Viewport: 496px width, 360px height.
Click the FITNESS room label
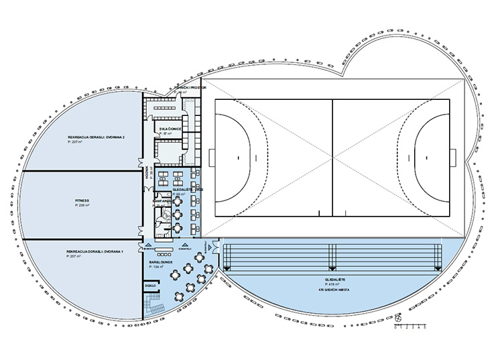83,200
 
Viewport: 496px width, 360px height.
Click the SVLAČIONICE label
170,128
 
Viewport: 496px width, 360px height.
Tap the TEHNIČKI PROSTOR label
186,87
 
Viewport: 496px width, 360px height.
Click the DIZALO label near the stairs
150,285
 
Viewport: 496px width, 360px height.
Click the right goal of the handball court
458,158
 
